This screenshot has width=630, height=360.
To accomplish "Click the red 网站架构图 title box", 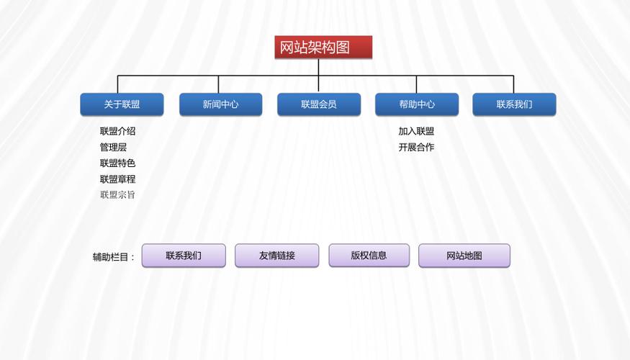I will (x=323, y=48).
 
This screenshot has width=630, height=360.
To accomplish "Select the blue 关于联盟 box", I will (x=122, y=104).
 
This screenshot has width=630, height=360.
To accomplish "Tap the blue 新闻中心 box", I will (x=220, y=104).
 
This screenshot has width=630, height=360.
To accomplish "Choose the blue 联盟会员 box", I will (x=319, y=104).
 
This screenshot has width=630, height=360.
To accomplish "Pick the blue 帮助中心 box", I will (x=417, y=104).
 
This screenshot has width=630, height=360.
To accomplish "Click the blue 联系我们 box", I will (x=514, y=104).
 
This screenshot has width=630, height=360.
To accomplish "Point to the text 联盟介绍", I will (x=117, y=131).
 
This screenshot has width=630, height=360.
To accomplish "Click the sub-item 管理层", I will (x=113, y=147).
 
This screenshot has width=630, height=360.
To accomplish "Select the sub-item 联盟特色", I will (x=117, y=163).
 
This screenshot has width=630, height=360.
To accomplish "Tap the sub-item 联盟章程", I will (x=117, y=179).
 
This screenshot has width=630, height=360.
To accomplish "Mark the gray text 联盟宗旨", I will (x=117, y=195).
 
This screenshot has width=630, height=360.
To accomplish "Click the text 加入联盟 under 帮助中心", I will (x=416, y=131).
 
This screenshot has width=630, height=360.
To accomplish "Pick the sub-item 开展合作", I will (x=416, y=147).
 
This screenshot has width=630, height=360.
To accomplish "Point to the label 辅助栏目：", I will (x=114, y=257).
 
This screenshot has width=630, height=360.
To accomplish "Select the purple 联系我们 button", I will (x=184, y=256).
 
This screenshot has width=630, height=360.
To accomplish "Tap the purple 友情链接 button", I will (x=277, y=256).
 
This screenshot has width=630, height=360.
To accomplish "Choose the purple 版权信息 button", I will (x=369, y=256).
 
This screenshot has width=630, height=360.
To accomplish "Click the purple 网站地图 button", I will (x=464, y=256).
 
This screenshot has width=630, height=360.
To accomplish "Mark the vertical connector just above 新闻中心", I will (x=218, y=84).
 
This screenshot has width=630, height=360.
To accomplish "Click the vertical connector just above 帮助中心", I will (x=415, y=84).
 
